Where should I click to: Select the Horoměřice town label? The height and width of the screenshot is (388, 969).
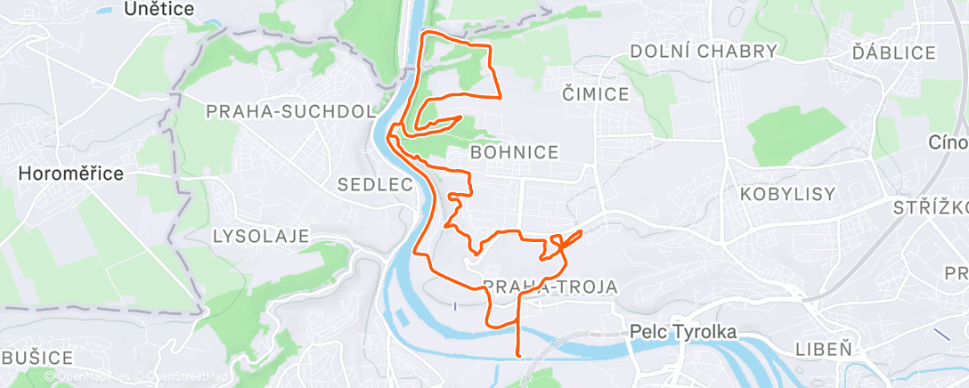(x=70, y=174)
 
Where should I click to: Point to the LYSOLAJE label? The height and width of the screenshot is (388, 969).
(x=261, y=236)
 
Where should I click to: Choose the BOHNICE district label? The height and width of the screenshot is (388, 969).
(x=515, y=152)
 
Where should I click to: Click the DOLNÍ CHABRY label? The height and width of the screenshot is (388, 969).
(x=704, y=52)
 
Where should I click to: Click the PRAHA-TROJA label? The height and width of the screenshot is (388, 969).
(x=550, y=286)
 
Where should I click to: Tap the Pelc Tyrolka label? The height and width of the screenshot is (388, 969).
(x=683, y=331)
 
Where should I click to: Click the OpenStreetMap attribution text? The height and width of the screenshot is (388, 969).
(x=186, y=377)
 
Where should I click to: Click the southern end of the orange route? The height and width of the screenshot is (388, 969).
(x=518, y=355)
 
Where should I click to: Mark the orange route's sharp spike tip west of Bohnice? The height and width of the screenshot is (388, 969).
(x=460, y=116)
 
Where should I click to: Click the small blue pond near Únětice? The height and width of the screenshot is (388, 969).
(x=104, y=12)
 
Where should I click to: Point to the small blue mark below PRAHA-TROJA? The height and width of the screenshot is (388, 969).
(x=455, y=305)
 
